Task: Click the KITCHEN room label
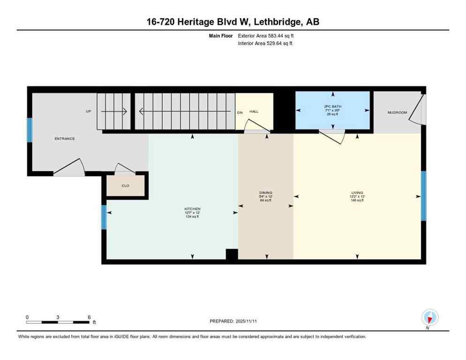[192, 208]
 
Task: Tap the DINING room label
[266, 193]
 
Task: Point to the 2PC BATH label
[333, 106]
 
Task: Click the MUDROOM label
[397, 112]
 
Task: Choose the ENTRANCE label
[65, 139]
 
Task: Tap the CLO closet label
[125, 186]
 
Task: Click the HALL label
[254, 112]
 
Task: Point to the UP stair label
[88, 112]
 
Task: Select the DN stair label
[240, 112]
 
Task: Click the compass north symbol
[429, 318]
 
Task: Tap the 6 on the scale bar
[89, 317]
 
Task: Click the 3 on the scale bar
[58, 317]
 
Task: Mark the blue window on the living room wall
[423, 196]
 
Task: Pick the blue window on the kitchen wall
[104, 217]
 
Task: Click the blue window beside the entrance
[30, 130]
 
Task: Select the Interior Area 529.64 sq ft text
[265, 44]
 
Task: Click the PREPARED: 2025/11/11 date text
[233, 321]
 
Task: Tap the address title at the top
[233, 22]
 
